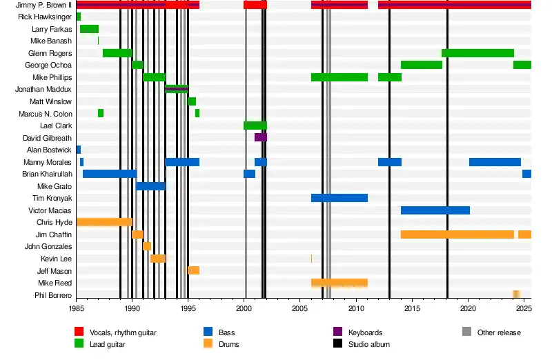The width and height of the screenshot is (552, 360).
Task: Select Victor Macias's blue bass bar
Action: coord(435,210)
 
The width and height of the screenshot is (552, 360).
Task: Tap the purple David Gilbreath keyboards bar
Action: coord(260,138)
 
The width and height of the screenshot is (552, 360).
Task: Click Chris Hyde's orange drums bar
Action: coord(103,222)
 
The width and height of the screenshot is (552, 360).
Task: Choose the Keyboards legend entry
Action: coord(365,332)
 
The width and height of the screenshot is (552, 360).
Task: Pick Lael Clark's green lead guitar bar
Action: coord(255,126)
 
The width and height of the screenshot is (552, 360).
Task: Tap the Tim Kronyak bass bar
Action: coord(339,198)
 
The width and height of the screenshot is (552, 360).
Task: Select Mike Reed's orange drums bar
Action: coord(339,283)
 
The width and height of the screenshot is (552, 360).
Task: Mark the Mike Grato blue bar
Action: coord(150,186)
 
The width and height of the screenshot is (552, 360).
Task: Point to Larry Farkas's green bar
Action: coord(89,29)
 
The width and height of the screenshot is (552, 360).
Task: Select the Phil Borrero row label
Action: coord(53,295)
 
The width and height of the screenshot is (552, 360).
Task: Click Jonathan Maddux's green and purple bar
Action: coord(176,89)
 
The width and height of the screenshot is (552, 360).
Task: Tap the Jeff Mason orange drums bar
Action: coord(193,270)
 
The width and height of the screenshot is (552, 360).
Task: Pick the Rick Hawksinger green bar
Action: coord(79,17)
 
